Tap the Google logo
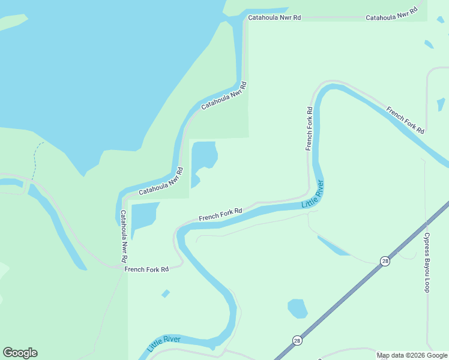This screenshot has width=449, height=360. (x=20, y=353)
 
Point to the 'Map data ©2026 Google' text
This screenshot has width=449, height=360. (x=412, y=355)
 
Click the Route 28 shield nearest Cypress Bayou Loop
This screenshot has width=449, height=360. (x=384, y=260)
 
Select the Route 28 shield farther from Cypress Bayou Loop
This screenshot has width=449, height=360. (x=297, y=340)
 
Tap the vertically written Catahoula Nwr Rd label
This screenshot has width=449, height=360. (x=123, y=236)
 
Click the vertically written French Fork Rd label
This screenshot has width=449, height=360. (x=309, y=128)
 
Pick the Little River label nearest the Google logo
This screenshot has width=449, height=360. (x=164, y=343)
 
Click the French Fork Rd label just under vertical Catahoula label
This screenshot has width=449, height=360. (x=146, y=269)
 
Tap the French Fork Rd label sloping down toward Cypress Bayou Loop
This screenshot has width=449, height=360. (x=406, y=119)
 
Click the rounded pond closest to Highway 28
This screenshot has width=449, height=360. (x=297, y=308)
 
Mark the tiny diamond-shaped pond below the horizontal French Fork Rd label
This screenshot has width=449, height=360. (x=166, y=293)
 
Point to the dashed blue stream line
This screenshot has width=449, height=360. (x=35, y=159)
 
